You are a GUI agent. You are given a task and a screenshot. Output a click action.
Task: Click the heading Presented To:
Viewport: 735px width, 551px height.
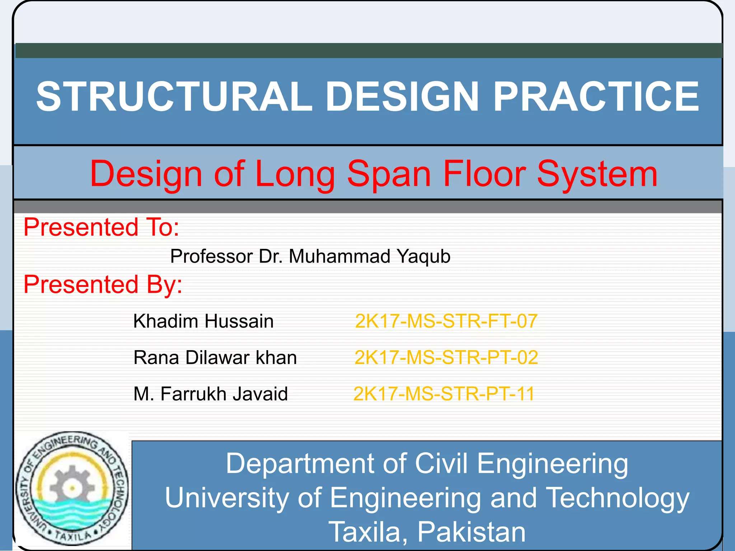pos(101,227)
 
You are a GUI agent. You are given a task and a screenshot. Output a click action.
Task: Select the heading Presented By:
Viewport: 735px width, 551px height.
pos(103,284)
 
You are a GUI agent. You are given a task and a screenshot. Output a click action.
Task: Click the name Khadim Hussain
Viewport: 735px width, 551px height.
pos(203,321)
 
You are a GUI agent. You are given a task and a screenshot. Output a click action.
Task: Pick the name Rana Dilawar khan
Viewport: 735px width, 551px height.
pos(215,358)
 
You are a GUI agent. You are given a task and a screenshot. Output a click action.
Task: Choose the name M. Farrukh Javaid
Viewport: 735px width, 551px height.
pos(211,394)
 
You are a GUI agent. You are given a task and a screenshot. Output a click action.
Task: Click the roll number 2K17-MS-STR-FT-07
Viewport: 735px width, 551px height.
pos(446,321)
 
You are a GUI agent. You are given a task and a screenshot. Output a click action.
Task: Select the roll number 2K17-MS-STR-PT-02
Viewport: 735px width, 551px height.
pos(446,358)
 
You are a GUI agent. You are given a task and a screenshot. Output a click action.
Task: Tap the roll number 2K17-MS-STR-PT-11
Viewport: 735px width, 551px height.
pos(444,394)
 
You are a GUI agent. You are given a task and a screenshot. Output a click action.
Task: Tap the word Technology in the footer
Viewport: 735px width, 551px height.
pos(617,498)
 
